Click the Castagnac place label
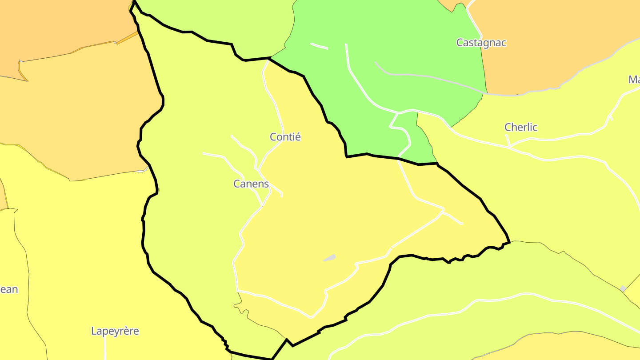(481, 43)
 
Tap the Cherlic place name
(521, 127)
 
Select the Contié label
(285, 137)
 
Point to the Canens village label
(251, 184)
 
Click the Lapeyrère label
(115, 331)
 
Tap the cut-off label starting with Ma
(634, 80)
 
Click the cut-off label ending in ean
(9, 290)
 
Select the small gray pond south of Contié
(329, 258)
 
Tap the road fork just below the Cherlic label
(510, 146)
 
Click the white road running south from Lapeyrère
(105, 349)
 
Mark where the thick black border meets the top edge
(134, 1)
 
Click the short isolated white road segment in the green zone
(319, 46)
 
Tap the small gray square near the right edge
(623, 289)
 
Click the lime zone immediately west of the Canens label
(191, 187)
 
